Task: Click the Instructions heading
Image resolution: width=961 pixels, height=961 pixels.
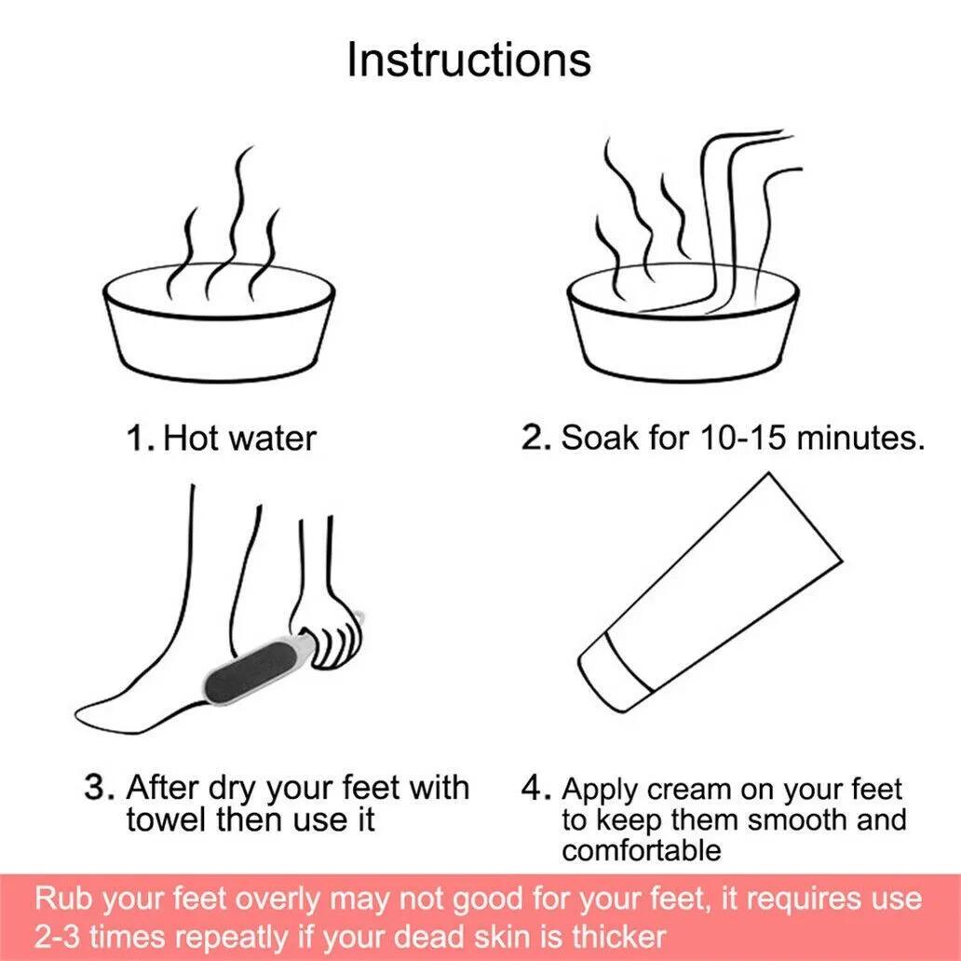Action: [x=468, y=60]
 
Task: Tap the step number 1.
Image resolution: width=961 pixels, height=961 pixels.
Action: [x=141, y=439]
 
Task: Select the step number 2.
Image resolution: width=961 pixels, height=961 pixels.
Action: [x=537, y=437]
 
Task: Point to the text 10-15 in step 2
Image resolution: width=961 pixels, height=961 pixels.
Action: [x=742, y=438]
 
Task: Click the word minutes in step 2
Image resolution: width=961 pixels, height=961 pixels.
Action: [x=861, y=438]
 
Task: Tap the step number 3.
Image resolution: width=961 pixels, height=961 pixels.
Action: [x=100, y=788]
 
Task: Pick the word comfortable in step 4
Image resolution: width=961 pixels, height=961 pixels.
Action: [x=641, y=850]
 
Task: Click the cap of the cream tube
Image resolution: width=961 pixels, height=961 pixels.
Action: [x=615, y=673]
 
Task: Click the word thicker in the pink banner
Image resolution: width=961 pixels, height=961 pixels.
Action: [x=618, y=936]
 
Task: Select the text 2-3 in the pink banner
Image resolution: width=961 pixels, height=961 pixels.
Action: [x=57, y=937]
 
